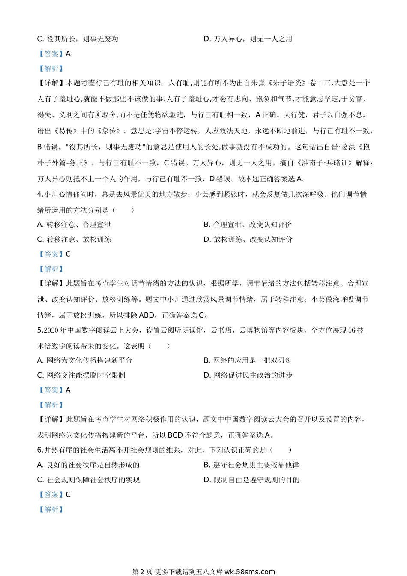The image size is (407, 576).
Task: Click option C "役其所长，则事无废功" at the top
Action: tap(78, 39)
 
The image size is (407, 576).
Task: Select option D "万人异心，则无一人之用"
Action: tap(248, 39)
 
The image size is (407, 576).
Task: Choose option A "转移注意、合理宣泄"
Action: tap(74, 225)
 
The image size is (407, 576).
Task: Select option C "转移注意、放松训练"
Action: tap(74, 240)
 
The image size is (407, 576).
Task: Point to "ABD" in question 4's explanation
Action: tap(147, 315)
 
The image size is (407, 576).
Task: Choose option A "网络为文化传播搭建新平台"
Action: tap(85, 360)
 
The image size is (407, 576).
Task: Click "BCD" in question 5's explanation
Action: tap(175, 435)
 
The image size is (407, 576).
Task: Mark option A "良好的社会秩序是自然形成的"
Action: tap(88, 465)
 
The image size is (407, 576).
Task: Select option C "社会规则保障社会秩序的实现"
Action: tap(88, 480)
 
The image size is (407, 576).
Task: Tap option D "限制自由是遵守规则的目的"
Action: tap(251, 480)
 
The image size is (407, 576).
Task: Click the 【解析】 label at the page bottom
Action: tap(51, 510)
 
